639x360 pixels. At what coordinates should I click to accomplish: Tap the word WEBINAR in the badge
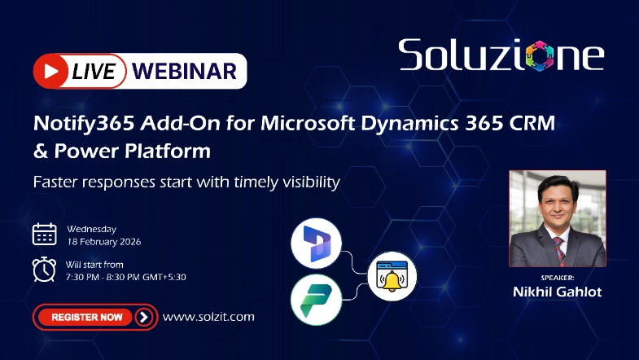[x=186, y=71]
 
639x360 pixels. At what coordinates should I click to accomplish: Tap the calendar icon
[x=44, y=234]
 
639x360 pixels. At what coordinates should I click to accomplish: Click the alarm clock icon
[x=44, y=268]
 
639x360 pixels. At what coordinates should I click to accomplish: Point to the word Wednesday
[x=91, y=229]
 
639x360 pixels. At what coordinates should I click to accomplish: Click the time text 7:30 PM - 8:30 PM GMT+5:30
[x=126, y=277]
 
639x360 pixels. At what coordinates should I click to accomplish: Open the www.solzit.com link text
[x=208, y=316]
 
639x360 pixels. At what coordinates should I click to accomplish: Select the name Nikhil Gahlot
[x=557, y=291]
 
